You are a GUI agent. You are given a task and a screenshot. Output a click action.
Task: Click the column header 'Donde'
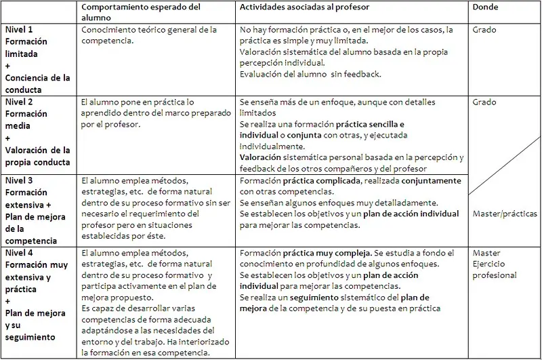pyautogui.click(x=486, y=7)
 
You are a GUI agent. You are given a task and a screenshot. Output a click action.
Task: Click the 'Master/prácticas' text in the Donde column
pyautogui.click(x=505, y=214)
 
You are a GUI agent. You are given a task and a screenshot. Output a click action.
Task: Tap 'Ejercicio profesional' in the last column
pyautogui.click(x=495, y=269)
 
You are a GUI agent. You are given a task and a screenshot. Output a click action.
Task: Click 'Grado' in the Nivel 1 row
pyautogui.click(x=486, y=30)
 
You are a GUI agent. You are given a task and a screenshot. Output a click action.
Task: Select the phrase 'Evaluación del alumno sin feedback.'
pyautogui.click(x=310, y=74)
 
